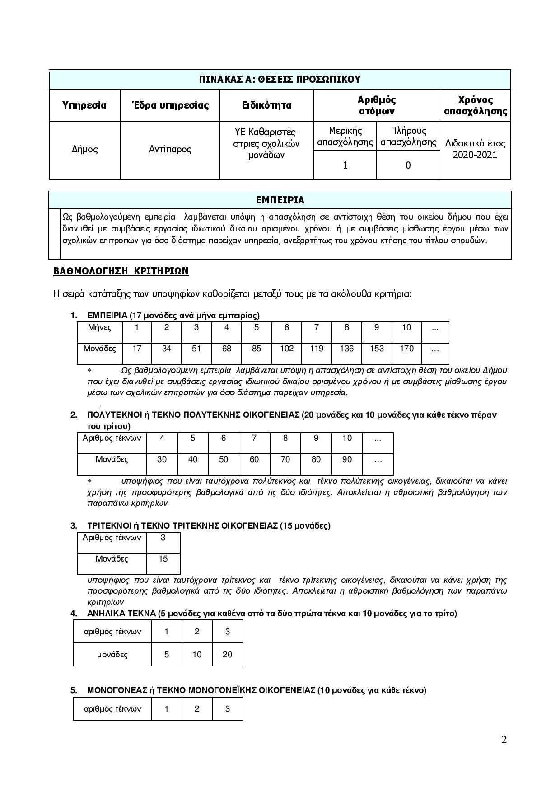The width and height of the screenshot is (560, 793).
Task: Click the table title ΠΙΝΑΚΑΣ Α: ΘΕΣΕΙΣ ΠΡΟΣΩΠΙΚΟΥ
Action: tap(280, 80)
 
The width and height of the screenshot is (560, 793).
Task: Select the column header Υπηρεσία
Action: tap(84, 105)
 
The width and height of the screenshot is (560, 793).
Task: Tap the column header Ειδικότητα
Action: tap(266, 105)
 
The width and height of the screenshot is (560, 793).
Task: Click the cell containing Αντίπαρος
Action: tap(170, 149)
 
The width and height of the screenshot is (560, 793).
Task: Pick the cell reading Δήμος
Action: tap(84, 149)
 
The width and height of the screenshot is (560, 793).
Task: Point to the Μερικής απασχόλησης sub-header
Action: tap(345, 137)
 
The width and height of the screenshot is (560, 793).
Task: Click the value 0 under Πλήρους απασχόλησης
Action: tap(408, 165)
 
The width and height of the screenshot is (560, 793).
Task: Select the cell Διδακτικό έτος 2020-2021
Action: tap(475, 149)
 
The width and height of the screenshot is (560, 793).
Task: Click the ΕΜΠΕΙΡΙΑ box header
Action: tap(280, 200)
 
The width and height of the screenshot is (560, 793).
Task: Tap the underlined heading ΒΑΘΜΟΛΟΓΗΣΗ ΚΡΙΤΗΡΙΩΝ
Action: tap(121, 271)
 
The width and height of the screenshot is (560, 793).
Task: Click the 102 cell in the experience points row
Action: tap(286, 349)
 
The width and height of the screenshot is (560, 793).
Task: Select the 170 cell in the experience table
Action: tap(406, 349)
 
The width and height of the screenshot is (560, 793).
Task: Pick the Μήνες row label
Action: tap(100, 327)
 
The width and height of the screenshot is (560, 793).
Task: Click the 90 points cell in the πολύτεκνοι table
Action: tap(347, 459)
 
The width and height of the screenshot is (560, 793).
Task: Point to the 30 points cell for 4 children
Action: tap(162, 459)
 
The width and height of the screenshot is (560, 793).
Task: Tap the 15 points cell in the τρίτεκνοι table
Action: tap(163, 559)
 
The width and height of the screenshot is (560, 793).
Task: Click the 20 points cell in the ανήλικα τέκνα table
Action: tap(227, 655)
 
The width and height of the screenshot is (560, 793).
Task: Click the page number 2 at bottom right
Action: tap(504, 740)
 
